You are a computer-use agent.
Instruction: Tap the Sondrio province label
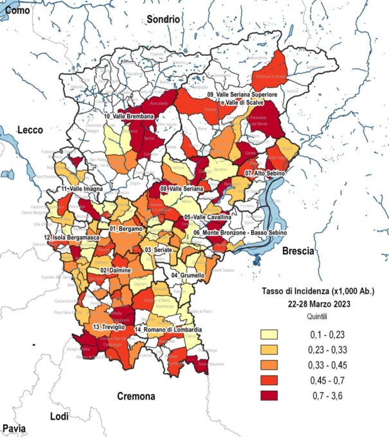[x=163, y=19]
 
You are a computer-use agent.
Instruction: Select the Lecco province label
[x=30, y=130]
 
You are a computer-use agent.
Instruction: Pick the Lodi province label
[x=59, y=416]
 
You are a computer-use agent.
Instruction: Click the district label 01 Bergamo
[x=125, y=229]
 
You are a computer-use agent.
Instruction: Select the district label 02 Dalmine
[x=116, y=271]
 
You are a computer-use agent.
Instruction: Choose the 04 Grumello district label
[x=188, y=275]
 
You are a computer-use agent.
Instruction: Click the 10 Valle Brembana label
[x=129, y=116]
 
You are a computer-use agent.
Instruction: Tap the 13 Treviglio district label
[x=105, y=328]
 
